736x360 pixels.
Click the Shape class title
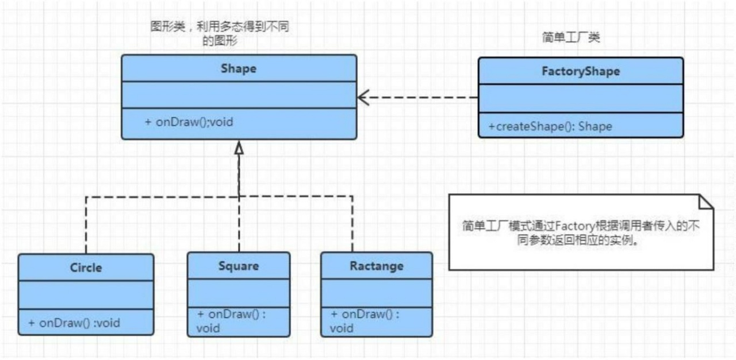(x=238, y=68)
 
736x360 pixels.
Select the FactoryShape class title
(x=581, y=71)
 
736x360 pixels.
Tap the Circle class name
(x=86, y=268)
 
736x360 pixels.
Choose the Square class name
(x=239, y=266)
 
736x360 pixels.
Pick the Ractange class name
(x=377, y=266)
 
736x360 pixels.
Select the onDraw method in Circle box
(x=74, y=323)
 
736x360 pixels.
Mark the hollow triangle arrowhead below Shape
(x=239, y=147)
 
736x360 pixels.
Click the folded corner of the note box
(x=706, y=201)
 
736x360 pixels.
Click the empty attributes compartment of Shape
(x=238, y=95)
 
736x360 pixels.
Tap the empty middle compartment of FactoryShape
(x=581, y=99)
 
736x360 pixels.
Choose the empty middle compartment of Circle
(x=86, y=294)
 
